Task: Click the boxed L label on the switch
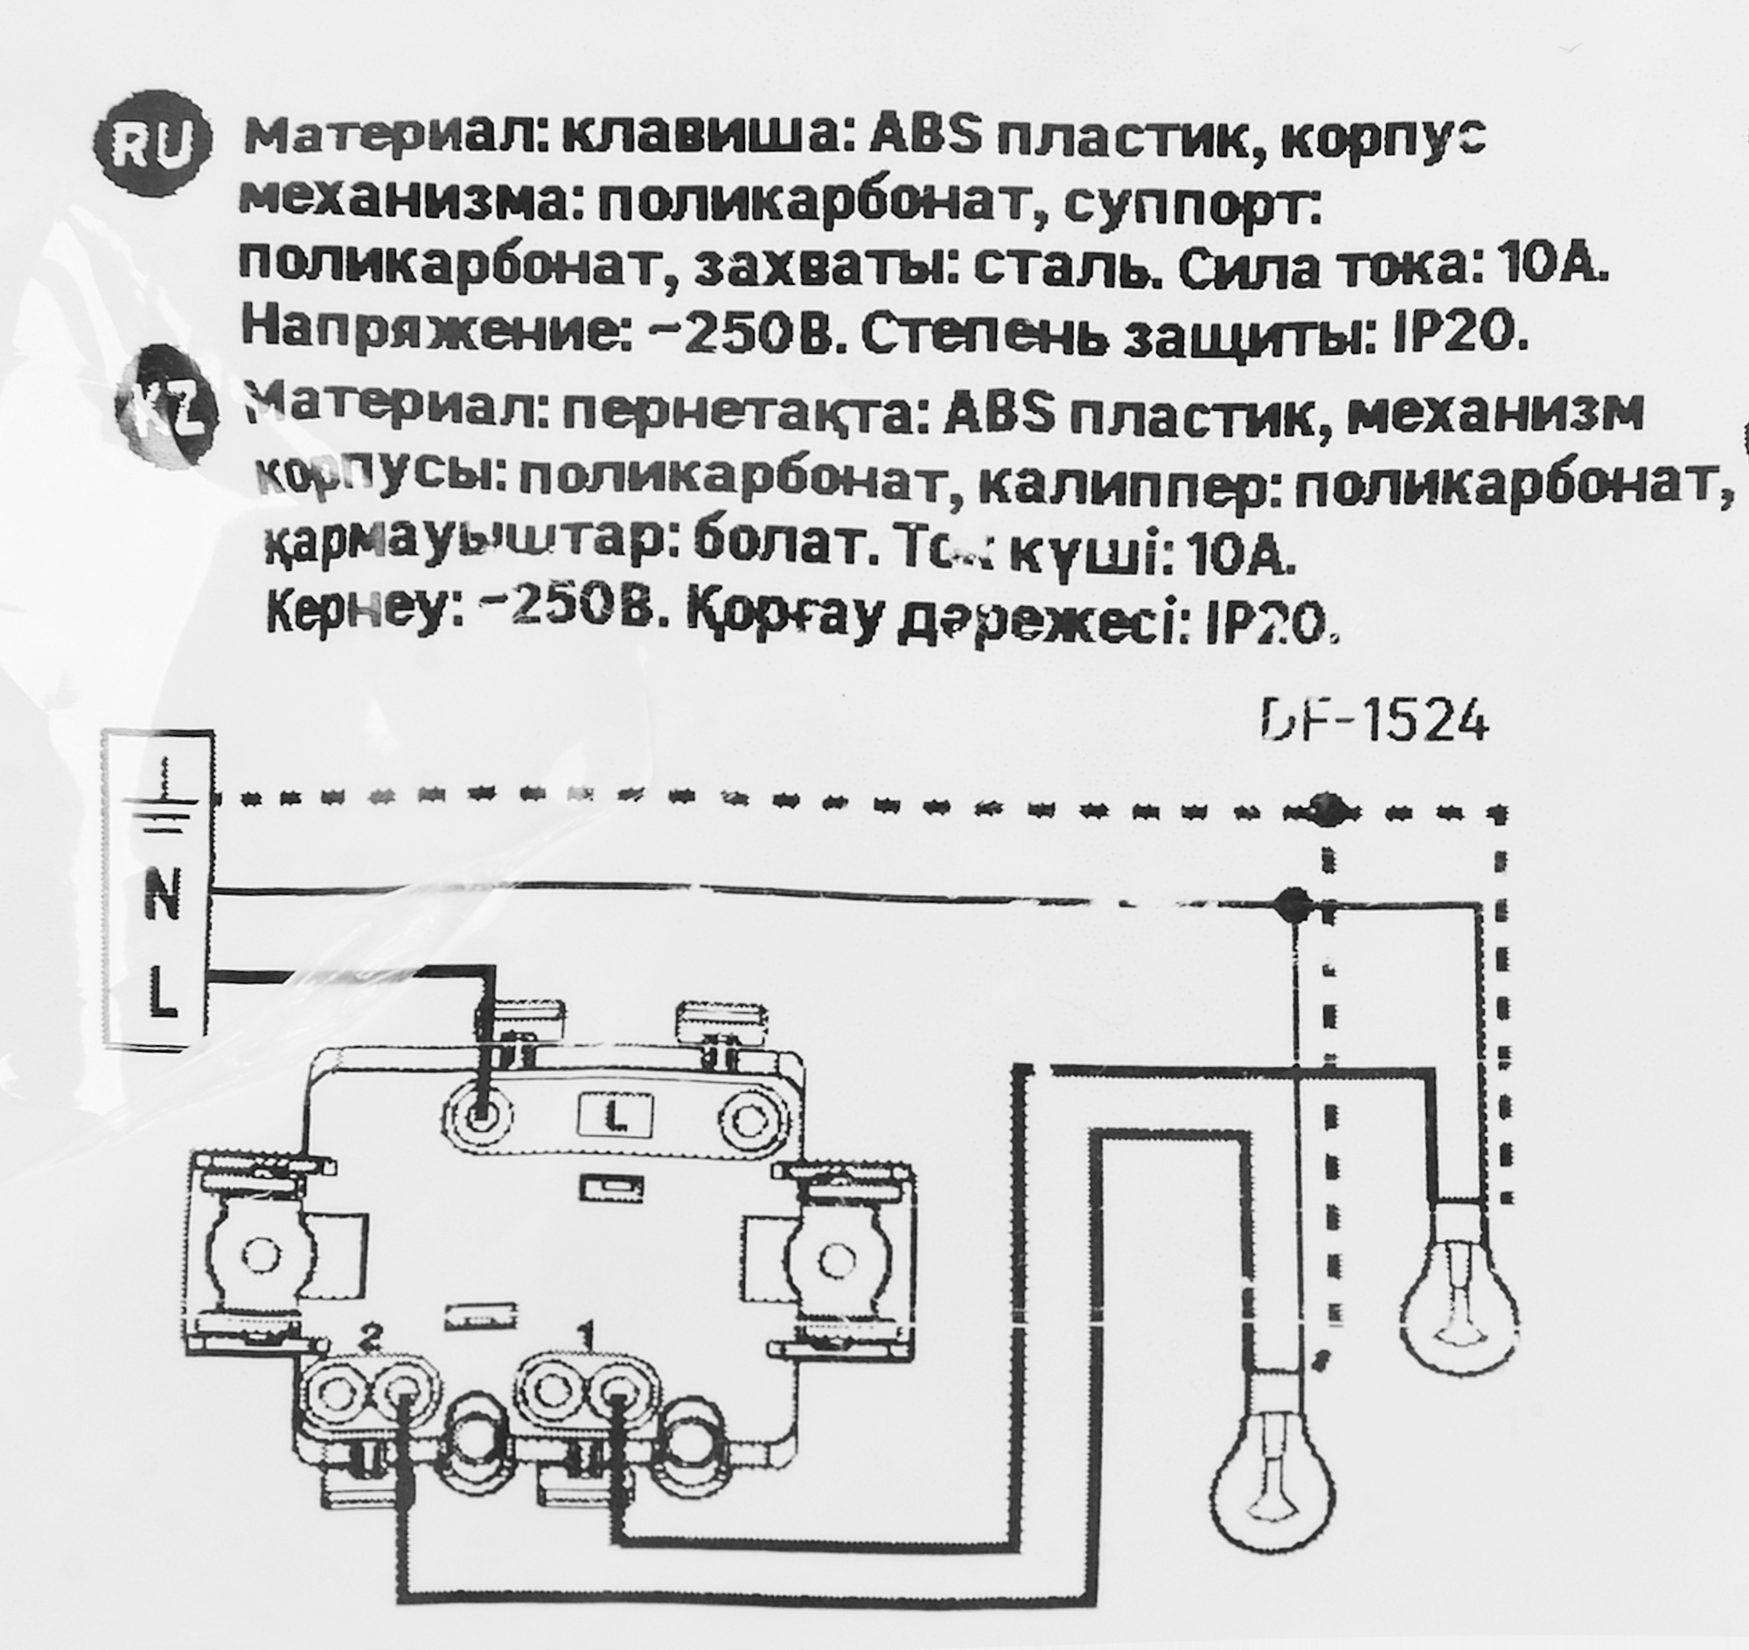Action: pyautogui.click(x=615, y=1117)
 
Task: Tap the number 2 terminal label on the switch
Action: pyautogui.click(x=374, y=1363)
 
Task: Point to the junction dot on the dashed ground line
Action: pyautogui.click(x=1326, y=806)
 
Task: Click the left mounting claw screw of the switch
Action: pyautogui.click(x=260, y=1257)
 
